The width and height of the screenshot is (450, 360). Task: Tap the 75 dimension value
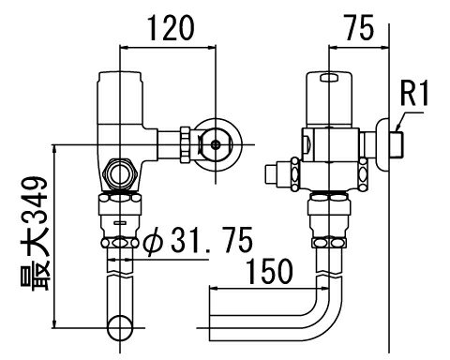[359, 28]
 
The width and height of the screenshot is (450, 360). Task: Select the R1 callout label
[414, 93]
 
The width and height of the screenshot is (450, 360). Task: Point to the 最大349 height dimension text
[35, 233]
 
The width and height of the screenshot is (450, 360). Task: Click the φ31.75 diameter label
[198, 240]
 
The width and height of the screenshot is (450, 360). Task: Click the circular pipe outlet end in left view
[120, 328]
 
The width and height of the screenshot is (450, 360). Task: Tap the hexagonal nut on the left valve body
[120, 174]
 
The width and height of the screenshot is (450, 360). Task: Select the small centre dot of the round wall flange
[216, 144]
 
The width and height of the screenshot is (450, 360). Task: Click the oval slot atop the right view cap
[329, 77]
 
